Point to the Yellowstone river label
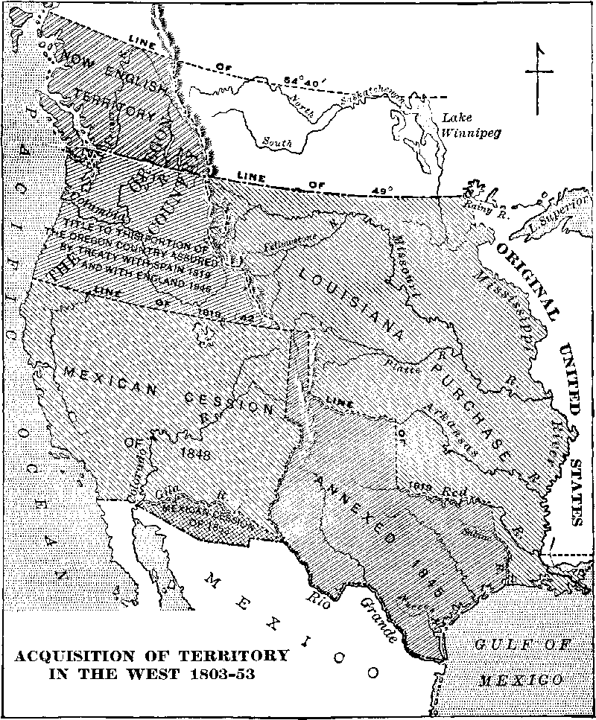288,243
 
